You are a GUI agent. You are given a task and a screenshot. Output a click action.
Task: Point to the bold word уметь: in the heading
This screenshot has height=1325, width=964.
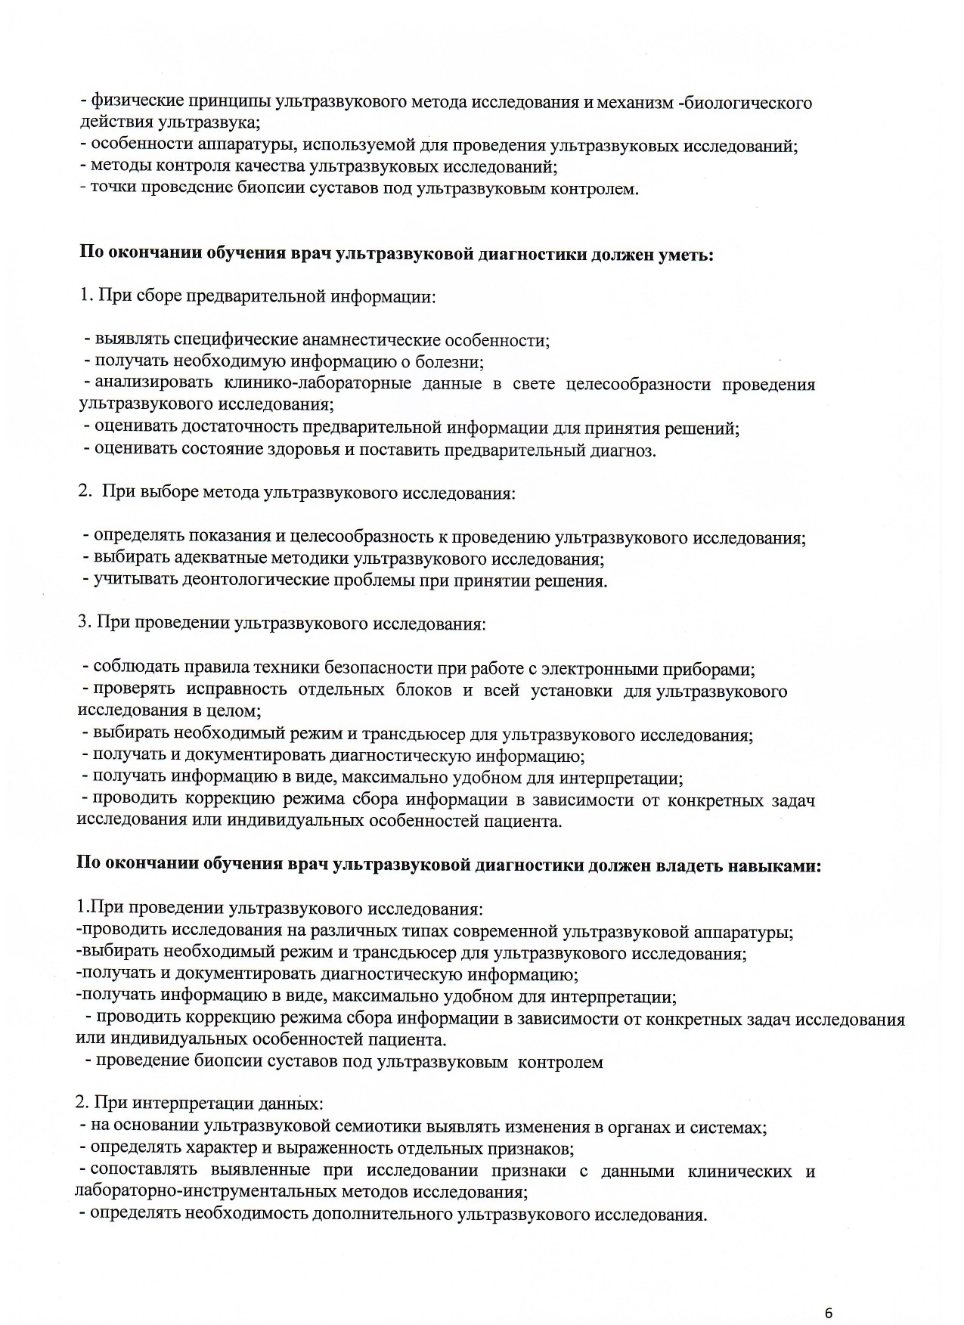pos(687,255)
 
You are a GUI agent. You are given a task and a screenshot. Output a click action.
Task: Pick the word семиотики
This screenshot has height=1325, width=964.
pos(378,1127)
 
